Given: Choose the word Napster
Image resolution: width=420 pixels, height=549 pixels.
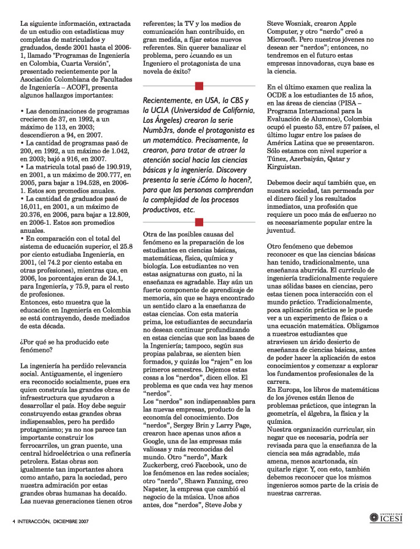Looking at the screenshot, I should [x=157, y=499].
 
